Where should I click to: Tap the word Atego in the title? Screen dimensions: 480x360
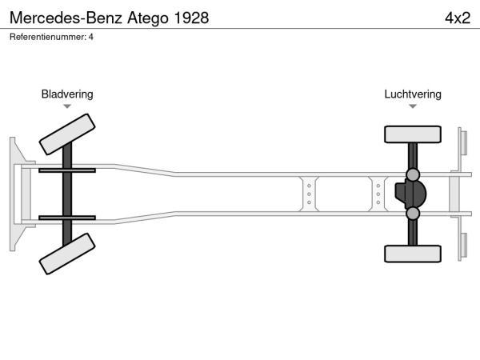(148, 18)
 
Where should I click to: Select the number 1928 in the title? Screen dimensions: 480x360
(191, 18)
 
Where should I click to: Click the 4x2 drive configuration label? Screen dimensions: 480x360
(458, 18)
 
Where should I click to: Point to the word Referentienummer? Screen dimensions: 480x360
(47, 37)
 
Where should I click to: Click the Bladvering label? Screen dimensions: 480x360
(67, 94)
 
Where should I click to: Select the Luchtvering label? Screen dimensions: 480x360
(413, 94)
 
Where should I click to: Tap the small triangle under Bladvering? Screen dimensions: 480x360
(67, 106)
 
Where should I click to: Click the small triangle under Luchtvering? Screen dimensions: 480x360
(413, 106)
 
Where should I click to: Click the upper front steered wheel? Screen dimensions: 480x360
(67, 134)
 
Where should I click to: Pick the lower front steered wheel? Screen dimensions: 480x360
(67, 254)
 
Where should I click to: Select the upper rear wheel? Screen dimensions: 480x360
(413, 134)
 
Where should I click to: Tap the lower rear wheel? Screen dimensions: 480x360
(413, 254)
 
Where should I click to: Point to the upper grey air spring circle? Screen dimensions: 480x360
(413, 174)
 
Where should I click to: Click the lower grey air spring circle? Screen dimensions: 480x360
(413, 214)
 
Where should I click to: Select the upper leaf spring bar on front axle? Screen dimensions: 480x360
(67, 170)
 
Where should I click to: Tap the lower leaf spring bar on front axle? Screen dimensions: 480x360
(67, 218)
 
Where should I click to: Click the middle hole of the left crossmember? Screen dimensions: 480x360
(309, 194)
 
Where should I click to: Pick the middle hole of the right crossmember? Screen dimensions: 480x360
(378, 194)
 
